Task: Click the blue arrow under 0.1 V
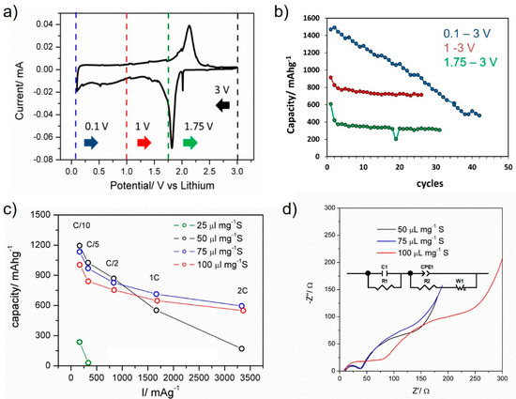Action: point(90,143)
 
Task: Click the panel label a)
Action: point(12,12)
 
